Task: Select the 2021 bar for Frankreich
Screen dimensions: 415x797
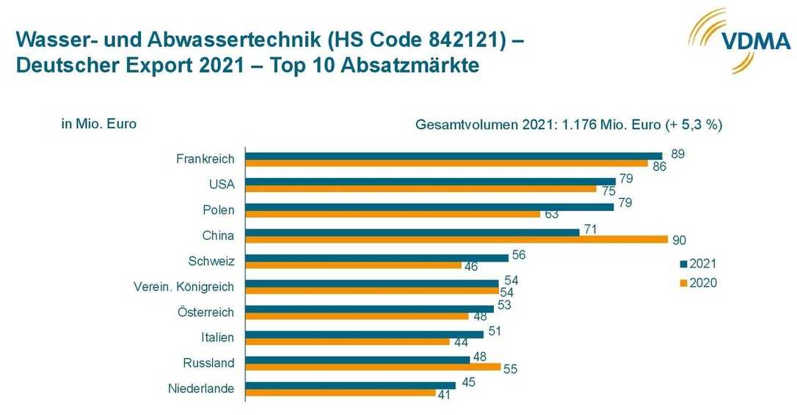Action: [x=454, y=155]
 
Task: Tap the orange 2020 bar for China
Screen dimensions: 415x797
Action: [x=456, y=240]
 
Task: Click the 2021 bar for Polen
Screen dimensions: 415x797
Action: [x=429, y=207]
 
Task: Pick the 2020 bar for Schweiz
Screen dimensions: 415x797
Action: [x=353, y=265]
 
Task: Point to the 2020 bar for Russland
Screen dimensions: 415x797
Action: [x=373, y=367]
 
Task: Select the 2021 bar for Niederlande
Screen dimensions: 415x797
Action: [x=350, y=385]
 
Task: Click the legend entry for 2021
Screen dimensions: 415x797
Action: [x=696, y=264]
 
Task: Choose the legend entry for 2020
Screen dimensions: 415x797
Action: [x=696, y=283]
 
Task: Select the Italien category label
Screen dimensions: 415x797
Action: [x=217, y=338]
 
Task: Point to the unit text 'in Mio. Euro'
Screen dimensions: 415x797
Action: [x=99, y=124]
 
